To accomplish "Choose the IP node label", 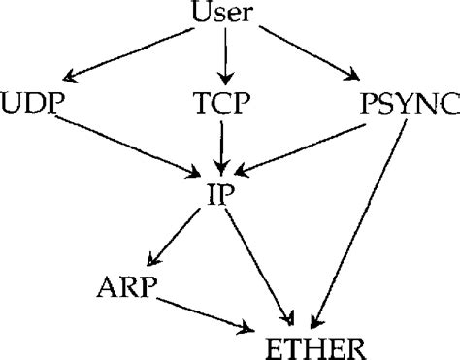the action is click(x=222, y=188).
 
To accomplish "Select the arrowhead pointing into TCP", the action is click(x=225, y=78).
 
